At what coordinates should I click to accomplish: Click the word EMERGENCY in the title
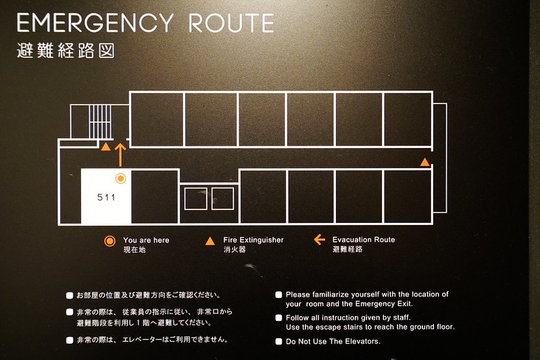[x=95, y=23]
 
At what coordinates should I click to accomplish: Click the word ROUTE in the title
[x=231, y=23]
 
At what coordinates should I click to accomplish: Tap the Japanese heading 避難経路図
[x=66, y=51]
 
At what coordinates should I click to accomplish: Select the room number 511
[x=106, y=197]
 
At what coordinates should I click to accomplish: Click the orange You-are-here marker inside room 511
[x=120, y=178]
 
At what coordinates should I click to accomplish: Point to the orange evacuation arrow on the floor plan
[x=120, y=155]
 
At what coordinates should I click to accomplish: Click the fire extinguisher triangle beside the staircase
[x=105, y=147]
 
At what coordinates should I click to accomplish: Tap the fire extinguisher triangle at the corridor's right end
[x=425, y=161]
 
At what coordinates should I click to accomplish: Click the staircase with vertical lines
[x=101, y=122]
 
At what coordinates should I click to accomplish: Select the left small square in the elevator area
[x=195, y=199]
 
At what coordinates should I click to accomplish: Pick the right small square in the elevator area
[x=223, y=199]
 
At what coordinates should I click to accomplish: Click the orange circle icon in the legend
[x=110, y=241]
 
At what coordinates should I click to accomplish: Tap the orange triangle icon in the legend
[x=210, y=241]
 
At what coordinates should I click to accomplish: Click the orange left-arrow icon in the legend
[x=320, y=240]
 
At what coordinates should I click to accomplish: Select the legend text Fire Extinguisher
[x=253, y=240]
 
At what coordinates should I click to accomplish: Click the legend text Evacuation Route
[x=364, y=240]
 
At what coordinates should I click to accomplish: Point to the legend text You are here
[x=146, y=240]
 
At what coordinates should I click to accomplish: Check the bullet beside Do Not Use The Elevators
[x=278, y=341]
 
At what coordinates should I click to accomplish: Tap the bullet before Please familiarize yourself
[x=278, y=294]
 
